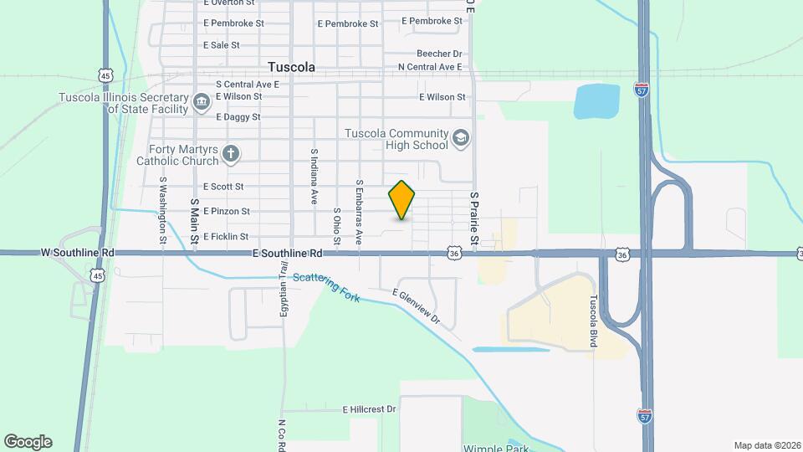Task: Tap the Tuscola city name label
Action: (x=291, y=66)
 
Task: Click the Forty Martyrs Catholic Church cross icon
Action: (x=231, y=154)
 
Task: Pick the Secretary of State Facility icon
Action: (x=202, y=102)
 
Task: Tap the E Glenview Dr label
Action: (x=417, y=306)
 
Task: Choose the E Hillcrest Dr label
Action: (x=369, y=409)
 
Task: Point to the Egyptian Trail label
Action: (x=284, y=290)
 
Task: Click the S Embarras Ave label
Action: (x=359, y=212)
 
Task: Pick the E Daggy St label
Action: (x=238, y=117)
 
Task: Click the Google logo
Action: (x=28, y=441)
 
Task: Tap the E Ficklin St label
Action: (x=226, y=237)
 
